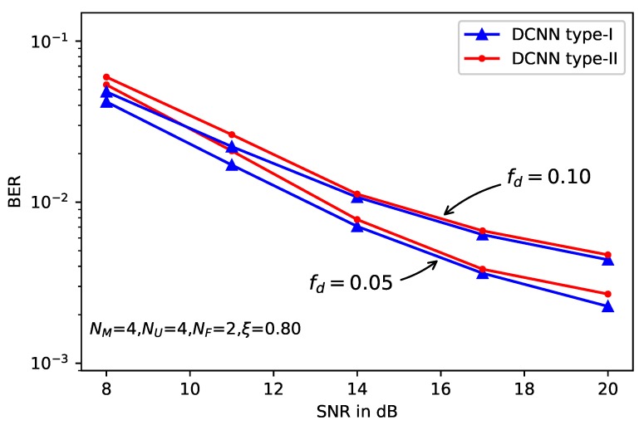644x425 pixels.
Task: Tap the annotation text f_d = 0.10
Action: click(x=548, y=177)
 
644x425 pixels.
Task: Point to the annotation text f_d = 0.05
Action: click(x=350, y=283)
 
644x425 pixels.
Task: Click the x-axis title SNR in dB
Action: click(x=356, y=410)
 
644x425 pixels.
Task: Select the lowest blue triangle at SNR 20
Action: click(x=607, y=306)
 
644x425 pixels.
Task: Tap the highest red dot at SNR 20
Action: click(x=607, y=255)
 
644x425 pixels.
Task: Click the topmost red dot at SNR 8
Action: click(x=106, y=77)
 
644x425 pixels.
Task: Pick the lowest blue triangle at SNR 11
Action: click(x=232, y=164)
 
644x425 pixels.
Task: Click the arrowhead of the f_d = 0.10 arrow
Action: click(x=445, y=214)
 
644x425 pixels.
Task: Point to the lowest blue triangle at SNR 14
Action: click(x=357, y=226)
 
